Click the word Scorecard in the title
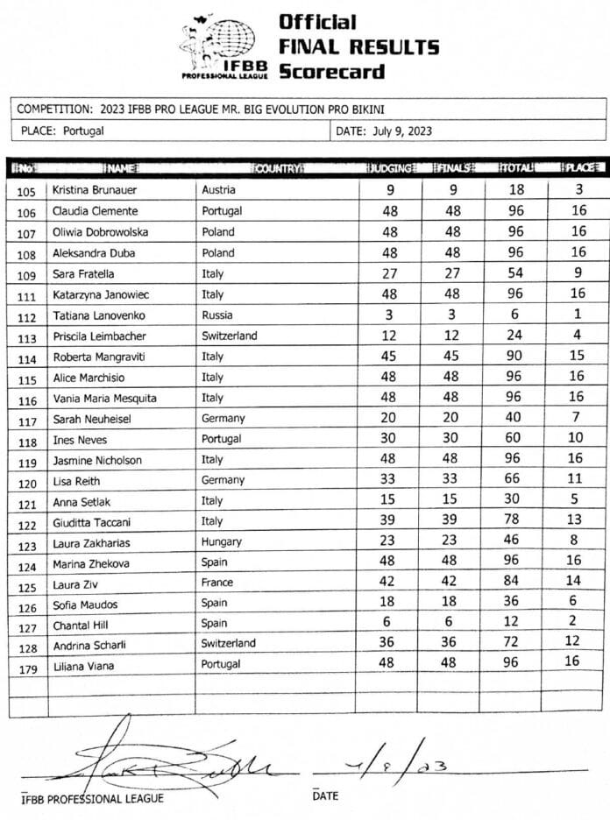pos(332,70)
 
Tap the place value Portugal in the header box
pos(83,132)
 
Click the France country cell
pos(217,582)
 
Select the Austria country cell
pos(218,189)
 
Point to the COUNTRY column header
pos(278,166)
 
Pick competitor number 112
pos(26,315)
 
